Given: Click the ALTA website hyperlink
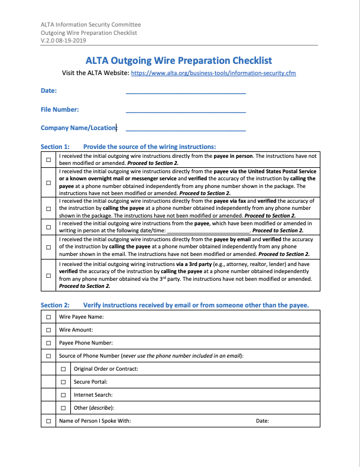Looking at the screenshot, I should [213, 73].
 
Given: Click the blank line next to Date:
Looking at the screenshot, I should [186, 91].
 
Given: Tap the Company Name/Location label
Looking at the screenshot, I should [79, 128].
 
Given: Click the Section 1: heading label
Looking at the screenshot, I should [55, 147].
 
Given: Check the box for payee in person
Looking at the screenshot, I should [48, 160].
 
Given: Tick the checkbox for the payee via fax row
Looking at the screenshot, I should [48, 208].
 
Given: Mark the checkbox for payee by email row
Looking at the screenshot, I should [48, 246].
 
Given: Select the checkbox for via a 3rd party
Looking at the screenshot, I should [48, 275].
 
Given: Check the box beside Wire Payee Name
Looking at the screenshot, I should [48, 317].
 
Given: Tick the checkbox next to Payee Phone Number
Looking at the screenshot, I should [48, 343].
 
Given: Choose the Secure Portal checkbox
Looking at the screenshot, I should [63, 382].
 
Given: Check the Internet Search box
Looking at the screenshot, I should [63, 395].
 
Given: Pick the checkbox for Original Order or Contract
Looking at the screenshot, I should [63, 369].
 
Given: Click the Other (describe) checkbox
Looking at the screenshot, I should [63, 408].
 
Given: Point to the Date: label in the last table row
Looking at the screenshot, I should [262, 421].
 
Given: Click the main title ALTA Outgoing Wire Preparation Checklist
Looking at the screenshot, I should [179, 60].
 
